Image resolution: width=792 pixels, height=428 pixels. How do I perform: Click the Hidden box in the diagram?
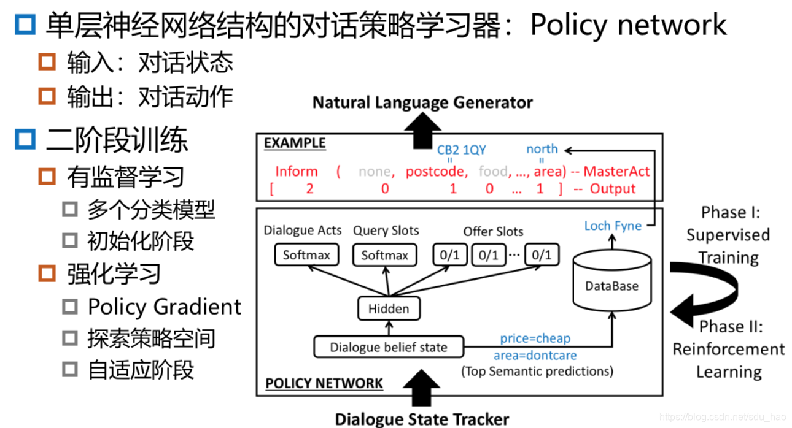(388, 308)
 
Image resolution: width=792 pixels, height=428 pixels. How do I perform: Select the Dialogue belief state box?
(388, 347)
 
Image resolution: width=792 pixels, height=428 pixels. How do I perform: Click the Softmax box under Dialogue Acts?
(306, 255)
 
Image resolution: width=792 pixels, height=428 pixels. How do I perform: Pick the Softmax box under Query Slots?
(384, 255)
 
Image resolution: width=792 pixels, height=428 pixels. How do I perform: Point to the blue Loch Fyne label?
(613, 226)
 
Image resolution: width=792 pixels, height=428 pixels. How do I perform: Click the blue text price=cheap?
(535, 338)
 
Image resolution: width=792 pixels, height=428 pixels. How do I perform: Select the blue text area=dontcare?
(535, 355)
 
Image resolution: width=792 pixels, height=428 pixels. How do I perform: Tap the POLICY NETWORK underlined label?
(324, 384)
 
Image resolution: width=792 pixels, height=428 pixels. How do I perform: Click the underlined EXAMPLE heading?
(295, 143)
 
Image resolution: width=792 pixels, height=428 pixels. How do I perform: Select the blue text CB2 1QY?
(461, 149)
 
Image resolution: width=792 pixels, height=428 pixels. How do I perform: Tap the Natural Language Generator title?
(422, 102)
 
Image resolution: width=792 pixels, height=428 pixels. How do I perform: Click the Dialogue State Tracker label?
(422, 419)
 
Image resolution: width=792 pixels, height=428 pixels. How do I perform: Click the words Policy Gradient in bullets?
(165, 307)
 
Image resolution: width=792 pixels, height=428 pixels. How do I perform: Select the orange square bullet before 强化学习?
(47, 273)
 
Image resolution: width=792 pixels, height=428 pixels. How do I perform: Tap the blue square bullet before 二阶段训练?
(25, 140)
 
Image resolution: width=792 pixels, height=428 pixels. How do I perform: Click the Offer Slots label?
(493, 232)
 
